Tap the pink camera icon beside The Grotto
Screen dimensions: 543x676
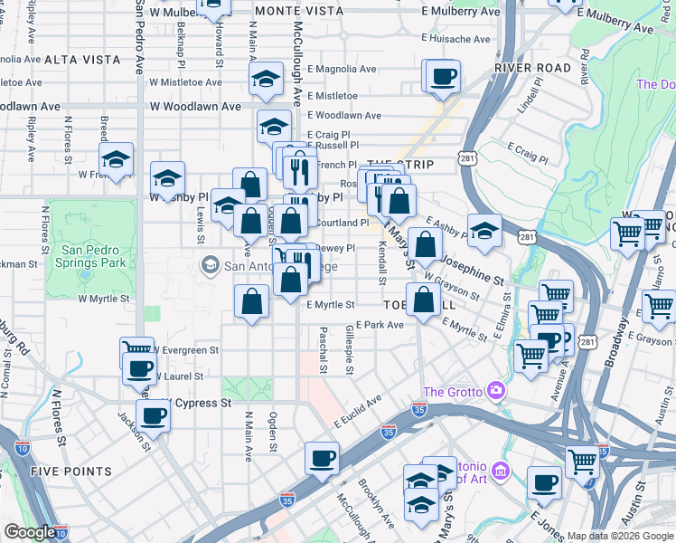pyautogui.click(x=494, y=391)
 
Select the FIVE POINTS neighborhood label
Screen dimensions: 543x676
pyautogui.click(x=70, y=472)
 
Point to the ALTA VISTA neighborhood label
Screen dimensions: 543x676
pyautogui.click(x=82, y=60)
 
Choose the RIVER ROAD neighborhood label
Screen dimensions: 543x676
pyautogui.click(x=533, y=68)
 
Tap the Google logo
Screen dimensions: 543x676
pyautogui.click(x=29, y=532)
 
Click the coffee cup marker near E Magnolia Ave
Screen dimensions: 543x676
pyautogui.click(x=443, y=78)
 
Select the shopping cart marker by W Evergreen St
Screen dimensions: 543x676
pyautogui.click(x=136, y=350)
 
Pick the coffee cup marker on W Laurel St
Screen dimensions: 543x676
pyautogui.click(x=140, y=369)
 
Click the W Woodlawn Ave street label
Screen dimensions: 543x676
pyautogui.click(x=195, y=106)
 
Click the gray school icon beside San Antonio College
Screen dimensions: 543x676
pyautogui.click(x=210, y=266)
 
